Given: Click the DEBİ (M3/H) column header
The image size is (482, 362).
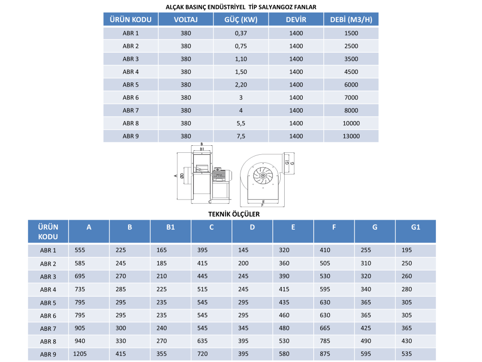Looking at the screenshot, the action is tap(351, 20).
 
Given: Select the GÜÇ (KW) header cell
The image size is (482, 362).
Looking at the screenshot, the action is tap(240, 20).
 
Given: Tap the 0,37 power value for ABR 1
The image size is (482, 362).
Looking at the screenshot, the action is tap(240, 33).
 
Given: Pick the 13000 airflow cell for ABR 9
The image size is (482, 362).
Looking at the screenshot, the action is tap(351, 136).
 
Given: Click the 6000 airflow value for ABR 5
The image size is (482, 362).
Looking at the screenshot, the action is tap(351, 84).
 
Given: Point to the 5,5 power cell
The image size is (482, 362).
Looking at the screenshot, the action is tap(240, 124).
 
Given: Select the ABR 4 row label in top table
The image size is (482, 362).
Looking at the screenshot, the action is tap(131, 72).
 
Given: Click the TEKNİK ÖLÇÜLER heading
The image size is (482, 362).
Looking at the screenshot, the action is tap(234, 214).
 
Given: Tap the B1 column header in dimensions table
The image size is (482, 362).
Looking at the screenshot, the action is tap(171, 227).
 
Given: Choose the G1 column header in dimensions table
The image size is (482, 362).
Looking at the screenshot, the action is tap(416, 227).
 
